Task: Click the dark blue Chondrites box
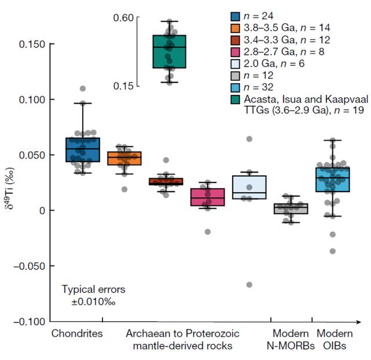pos(82,150)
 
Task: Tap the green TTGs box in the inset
pos(169,52)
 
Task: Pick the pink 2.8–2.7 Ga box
pos(207,196)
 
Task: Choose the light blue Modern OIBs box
pos(333,179)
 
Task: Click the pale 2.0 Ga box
pos(249,187)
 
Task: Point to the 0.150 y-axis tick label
pos(27,45)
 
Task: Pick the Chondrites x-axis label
pos(77,334)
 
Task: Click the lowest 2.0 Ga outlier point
pos(249,285)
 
